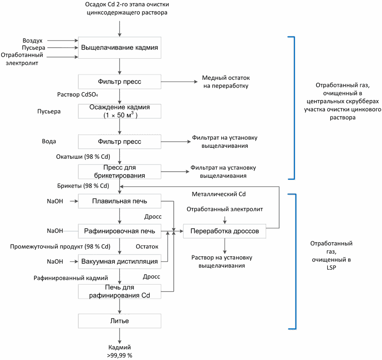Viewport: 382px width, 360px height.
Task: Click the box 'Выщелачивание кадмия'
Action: (x=119, y=48)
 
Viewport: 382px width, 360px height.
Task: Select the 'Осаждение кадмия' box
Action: (x=119, y=111)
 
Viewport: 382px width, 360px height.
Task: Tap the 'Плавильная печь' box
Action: (x=119, y=201)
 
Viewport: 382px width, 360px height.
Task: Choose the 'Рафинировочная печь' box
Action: (x=119, y=231)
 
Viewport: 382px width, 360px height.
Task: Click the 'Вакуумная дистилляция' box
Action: (x=119, y=262)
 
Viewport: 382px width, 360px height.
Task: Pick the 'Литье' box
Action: (x=119, y=321)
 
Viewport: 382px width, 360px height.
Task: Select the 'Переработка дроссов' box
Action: (x=224, y=231)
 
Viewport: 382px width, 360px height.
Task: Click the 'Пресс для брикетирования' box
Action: (x=119, y=172)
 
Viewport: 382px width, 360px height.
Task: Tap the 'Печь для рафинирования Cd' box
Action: (x=119, y=292)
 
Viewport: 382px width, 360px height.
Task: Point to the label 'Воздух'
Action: (x=33, y=41)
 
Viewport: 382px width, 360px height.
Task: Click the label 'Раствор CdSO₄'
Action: (x=78, y=94)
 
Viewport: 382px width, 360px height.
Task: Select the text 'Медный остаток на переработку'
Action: (x=226, y=82)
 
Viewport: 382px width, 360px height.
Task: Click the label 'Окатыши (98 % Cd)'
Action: (x=83, y=157)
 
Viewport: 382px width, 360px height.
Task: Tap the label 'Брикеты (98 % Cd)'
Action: (x=83, y=186)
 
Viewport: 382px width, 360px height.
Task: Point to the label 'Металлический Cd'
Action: (x=219, y=194)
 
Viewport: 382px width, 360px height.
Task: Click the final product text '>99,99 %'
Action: (x=119, y=355)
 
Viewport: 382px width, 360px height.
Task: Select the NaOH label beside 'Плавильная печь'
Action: (x=55, y=201)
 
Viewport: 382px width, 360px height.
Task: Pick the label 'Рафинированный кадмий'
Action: (x=70, y=278)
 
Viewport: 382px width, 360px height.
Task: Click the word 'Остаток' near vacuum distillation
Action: (x=147, y=247)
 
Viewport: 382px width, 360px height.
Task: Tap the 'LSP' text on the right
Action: (x=331, y=267)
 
